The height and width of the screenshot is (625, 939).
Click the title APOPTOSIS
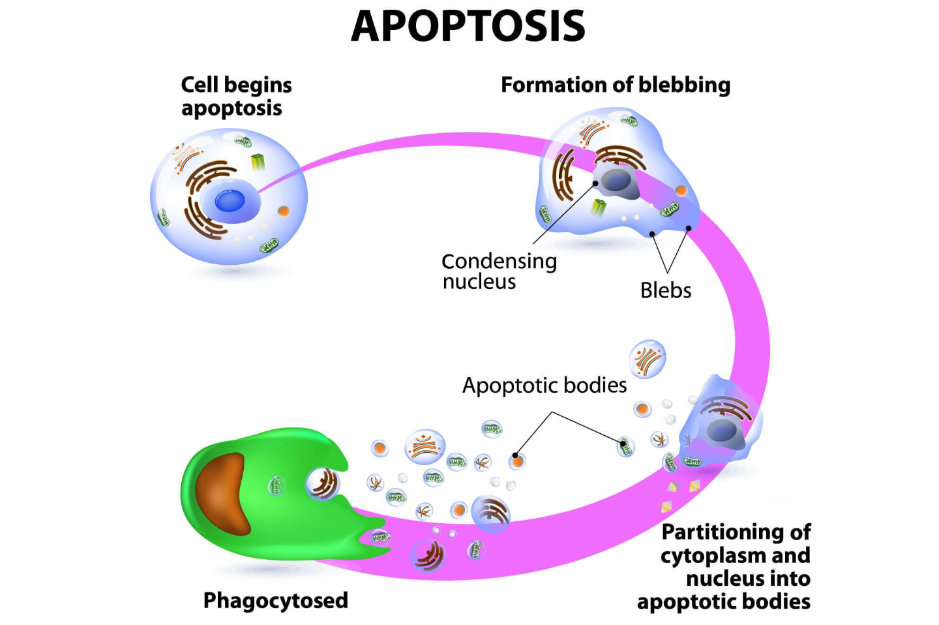coord(468,26)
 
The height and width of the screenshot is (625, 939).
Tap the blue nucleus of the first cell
coord(230,200)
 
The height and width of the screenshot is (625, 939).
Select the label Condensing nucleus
coord(498,271)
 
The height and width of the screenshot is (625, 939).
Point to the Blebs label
coord(665,290)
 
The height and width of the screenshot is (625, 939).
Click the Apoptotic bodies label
coord(544,386)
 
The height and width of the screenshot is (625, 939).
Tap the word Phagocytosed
coord(275,600)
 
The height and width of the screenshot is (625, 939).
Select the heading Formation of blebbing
coord(615,85)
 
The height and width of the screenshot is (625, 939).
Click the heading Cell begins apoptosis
coord(235,97)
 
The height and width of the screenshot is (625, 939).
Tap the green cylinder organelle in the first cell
coord(258,161)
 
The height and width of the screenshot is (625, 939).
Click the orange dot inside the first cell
coord(283,211)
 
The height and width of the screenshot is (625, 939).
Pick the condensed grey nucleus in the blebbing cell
coord(617,182)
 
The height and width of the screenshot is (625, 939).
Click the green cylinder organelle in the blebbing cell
coord(599,207)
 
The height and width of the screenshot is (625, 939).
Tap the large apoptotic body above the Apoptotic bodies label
coord(647,359)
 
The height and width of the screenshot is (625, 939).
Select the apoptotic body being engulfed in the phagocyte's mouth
coord(323,483)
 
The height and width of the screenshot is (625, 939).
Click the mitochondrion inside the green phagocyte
coord(276,485)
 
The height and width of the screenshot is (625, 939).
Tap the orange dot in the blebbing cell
coord(681,191)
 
